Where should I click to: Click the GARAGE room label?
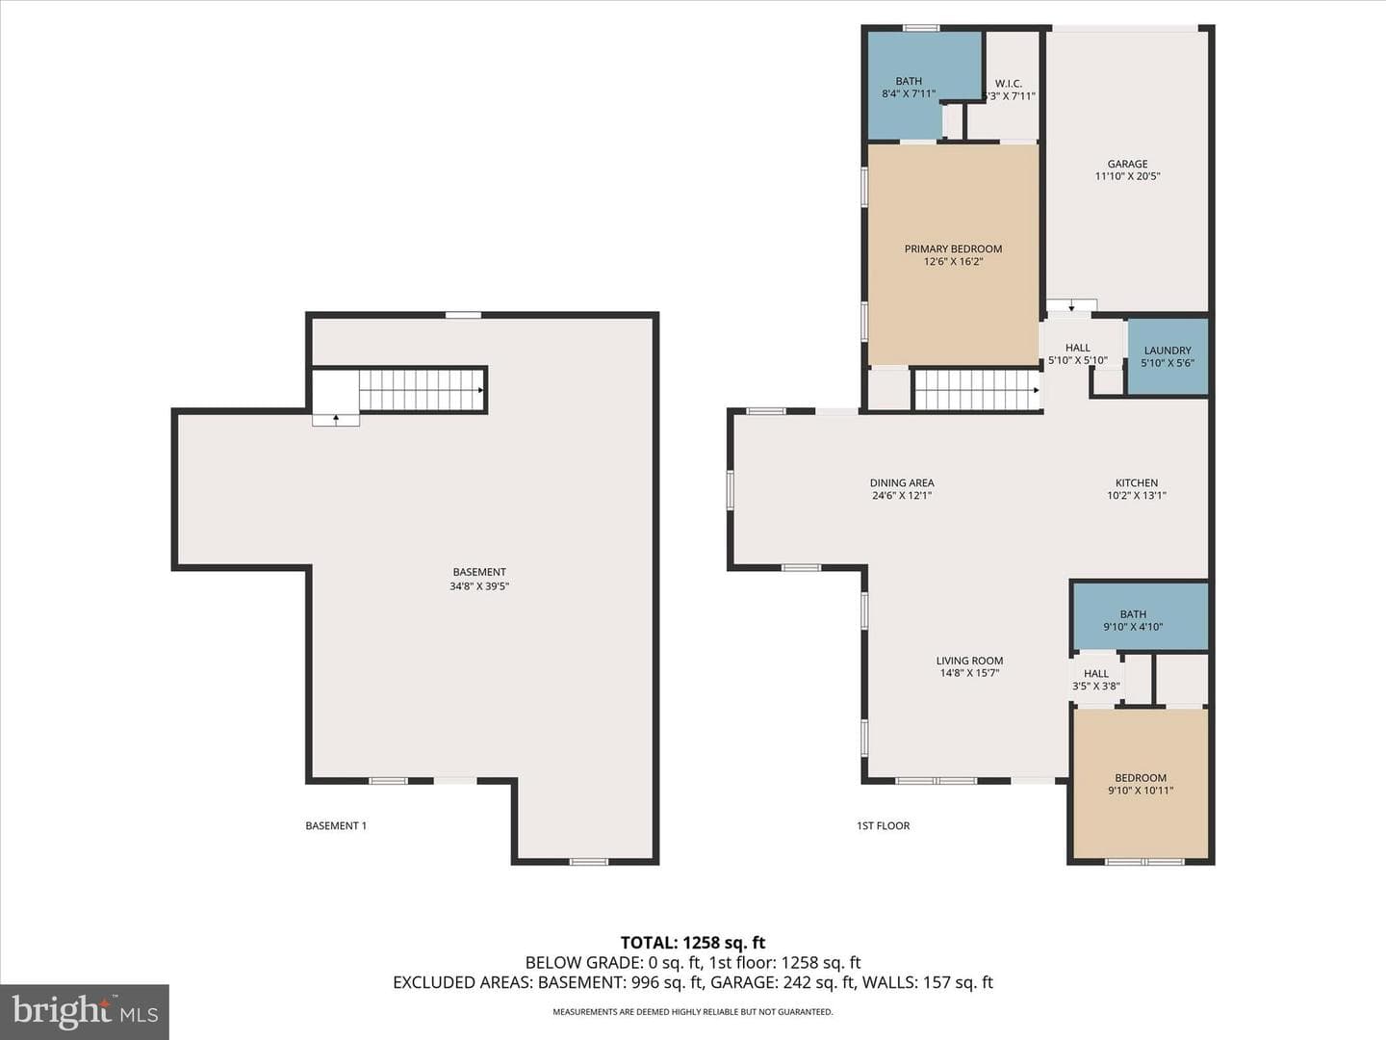pyautogui.click(x=1127, y=164)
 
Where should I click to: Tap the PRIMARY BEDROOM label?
pyautogui.click(x=953, y=248)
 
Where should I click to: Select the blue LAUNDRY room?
pyautogui.click(x=1168, y=356)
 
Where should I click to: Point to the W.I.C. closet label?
pyautogui.click(x=1009, y=84)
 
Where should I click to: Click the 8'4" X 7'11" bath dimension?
pyautogui.click(x=909, y=94)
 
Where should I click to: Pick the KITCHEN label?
pyautogui.click(x=1137, y=483)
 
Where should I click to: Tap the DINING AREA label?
pyautogui.click(x=902, y=483)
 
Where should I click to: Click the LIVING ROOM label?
pyautogui.click(x=969, y=661)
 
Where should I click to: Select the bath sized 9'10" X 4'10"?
pyautogui.click(x=1141, y=616)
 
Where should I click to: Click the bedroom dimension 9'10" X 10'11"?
pyautogui.click(x=1141, y=790)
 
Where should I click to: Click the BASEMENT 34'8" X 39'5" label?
pyautogui.click(x=479, y=579)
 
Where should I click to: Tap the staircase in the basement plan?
pyautogui.click(x=422, y=390)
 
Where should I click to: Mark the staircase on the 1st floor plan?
pyautogui.click(x=978, y=390)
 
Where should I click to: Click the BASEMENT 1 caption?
pyautogui.click(x=336, y=825)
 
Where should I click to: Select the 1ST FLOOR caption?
pyautogui.click(x=883, y=825)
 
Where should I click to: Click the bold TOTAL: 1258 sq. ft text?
pyautogui.click(x=693, y=942)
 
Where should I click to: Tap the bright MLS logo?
pyautogui.click(x=85, y=1011)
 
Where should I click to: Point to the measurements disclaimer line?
pyautogui.click(x=693, y=1011)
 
